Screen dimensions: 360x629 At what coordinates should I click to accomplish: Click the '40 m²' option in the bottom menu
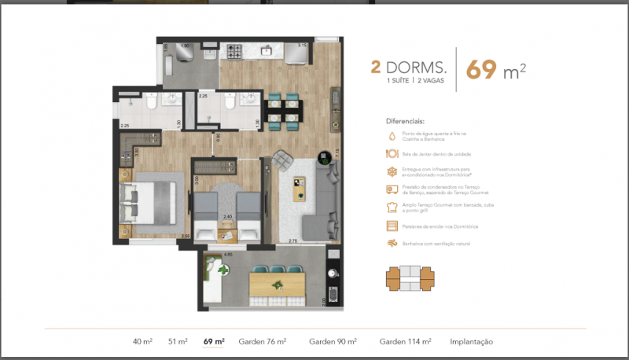(x=142, y=342)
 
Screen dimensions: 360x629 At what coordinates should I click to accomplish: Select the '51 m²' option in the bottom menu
(x=178, y=342)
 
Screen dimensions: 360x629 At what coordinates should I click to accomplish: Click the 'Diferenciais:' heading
(x=405, y=122)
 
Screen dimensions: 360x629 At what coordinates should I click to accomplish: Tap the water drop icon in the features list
(x=392, y=135)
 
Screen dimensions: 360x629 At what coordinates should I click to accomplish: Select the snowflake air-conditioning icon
(x=392, y=171)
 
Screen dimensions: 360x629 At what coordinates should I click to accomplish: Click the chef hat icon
(x=392, y=208)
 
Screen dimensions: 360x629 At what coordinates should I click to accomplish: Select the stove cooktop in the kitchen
(x=234, y=53)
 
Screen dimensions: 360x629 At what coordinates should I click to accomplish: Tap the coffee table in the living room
(x=299, y=189)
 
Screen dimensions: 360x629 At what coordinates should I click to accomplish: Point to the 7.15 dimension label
(x=336, y=153)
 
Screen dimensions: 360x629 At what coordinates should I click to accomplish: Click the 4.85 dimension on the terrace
(x=229, y=254)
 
